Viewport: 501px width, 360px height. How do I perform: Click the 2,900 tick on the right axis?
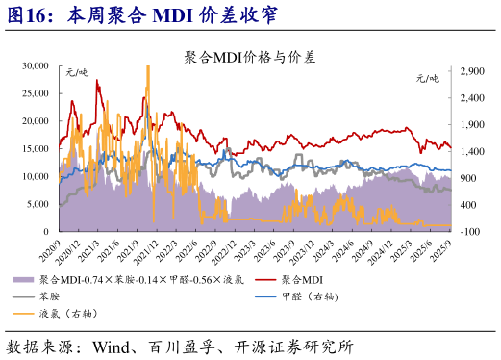[471, 71]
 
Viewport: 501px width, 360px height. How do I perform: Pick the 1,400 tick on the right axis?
[471, 151]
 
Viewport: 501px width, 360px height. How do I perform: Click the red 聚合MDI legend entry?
[308, 279]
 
